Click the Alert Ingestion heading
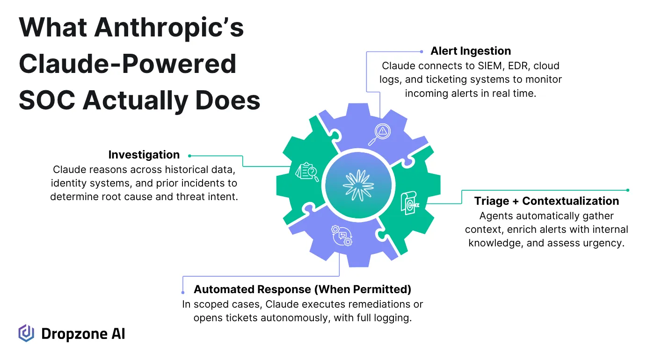[x=471, y=51]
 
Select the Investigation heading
[x=144, y=155]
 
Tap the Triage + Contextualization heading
[x=546, y=201]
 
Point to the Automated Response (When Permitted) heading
[x=302, y=289]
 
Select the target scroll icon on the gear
[x=409, y=204]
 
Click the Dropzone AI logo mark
[x=26, y=333]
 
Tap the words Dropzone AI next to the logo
[x=83, y=334]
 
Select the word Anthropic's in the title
[x=169, y=28]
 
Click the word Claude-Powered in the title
[x=127, y=64]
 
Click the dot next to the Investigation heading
[x=190, y=156]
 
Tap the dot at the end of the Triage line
[x=628, y=190]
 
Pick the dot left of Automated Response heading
[x=183, y=292]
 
